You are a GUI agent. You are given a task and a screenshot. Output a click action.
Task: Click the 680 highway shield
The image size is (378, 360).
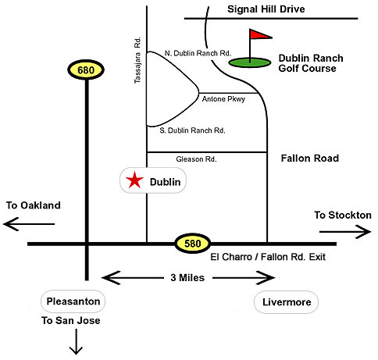[x=86, y=70]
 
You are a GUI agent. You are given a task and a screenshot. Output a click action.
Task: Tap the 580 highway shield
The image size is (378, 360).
[x=192, y=244]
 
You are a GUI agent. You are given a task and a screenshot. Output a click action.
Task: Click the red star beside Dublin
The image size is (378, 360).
[x=134, y=180]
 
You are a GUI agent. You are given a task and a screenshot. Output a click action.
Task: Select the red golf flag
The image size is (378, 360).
[x=261, y=34]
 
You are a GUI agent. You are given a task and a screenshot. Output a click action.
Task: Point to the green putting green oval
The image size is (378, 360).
[x=250, y=62]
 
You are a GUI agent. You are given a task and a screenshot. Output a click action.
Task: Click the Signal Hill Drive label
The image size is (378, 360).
[x=266, y=9]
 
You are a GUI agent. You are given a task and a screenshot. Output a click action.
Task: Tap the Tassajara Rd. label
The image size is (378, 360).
[x=137, y=60]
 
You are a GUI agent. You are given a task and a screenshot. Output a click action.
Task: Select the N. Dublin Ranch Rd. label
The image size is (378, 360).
[x=198, y=53]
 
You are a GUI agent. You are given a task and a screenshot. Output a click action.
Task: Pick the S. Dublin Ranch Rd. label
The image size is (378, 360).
[x=192, y=130]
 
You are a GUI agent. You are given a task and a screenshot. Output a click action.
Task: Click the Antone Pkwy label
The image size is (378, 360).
[x=223, y=99]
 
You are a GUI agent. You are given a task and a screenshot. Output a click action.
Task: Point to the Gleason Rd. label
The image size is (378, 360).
[x=196, y=159]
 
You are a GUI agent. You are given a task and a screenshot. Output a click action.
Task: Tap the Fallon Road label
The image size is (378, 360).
[x=310, y=159]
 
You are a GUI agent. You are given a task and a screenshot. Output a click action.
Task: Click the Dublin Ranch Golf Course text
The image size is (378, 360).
[x=311, y=63]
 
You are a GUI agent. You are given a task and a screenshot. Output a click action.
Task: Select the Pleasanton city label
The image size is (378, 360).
[x=73, y=301]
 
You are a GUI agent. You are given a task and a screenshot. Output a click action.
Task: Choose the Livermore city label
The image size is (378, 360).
[x=287, y=302]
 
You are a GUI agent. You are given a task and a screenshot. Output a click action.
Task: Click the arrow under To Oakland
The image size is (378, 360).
[x=29, y=224]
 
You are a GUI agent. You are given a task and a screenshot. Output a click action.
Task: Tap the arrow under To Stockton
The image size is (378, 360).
[x=345, y=232]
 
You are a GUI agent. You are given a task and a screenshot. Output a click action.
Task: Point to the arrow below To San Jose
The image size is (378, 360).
[x=76, y=341]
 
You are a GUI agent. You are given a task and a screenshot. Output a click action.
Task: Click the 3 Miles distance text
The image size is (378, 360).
[x=187, y=278]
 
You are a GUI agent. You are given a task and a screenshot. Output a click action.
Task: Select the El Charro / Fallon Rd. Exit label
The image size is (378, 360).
[x=268, y=257]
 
